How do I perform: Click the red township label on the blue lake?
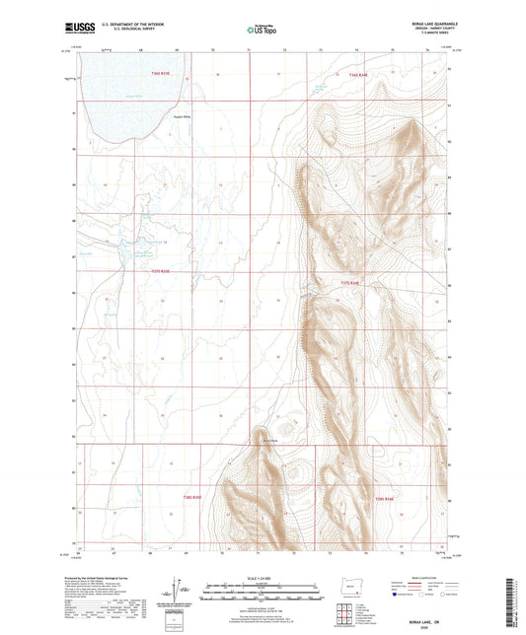coord(161,73)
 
